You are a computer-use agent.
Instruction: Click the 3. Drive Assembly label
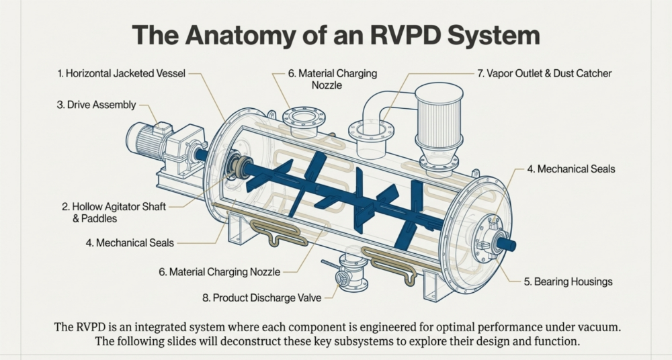coord(96,105)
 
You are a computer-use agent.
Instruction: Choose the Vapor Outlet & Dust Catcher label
coord(544,73)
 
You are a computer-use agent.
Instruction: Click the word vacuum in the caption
coord(594,327)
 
